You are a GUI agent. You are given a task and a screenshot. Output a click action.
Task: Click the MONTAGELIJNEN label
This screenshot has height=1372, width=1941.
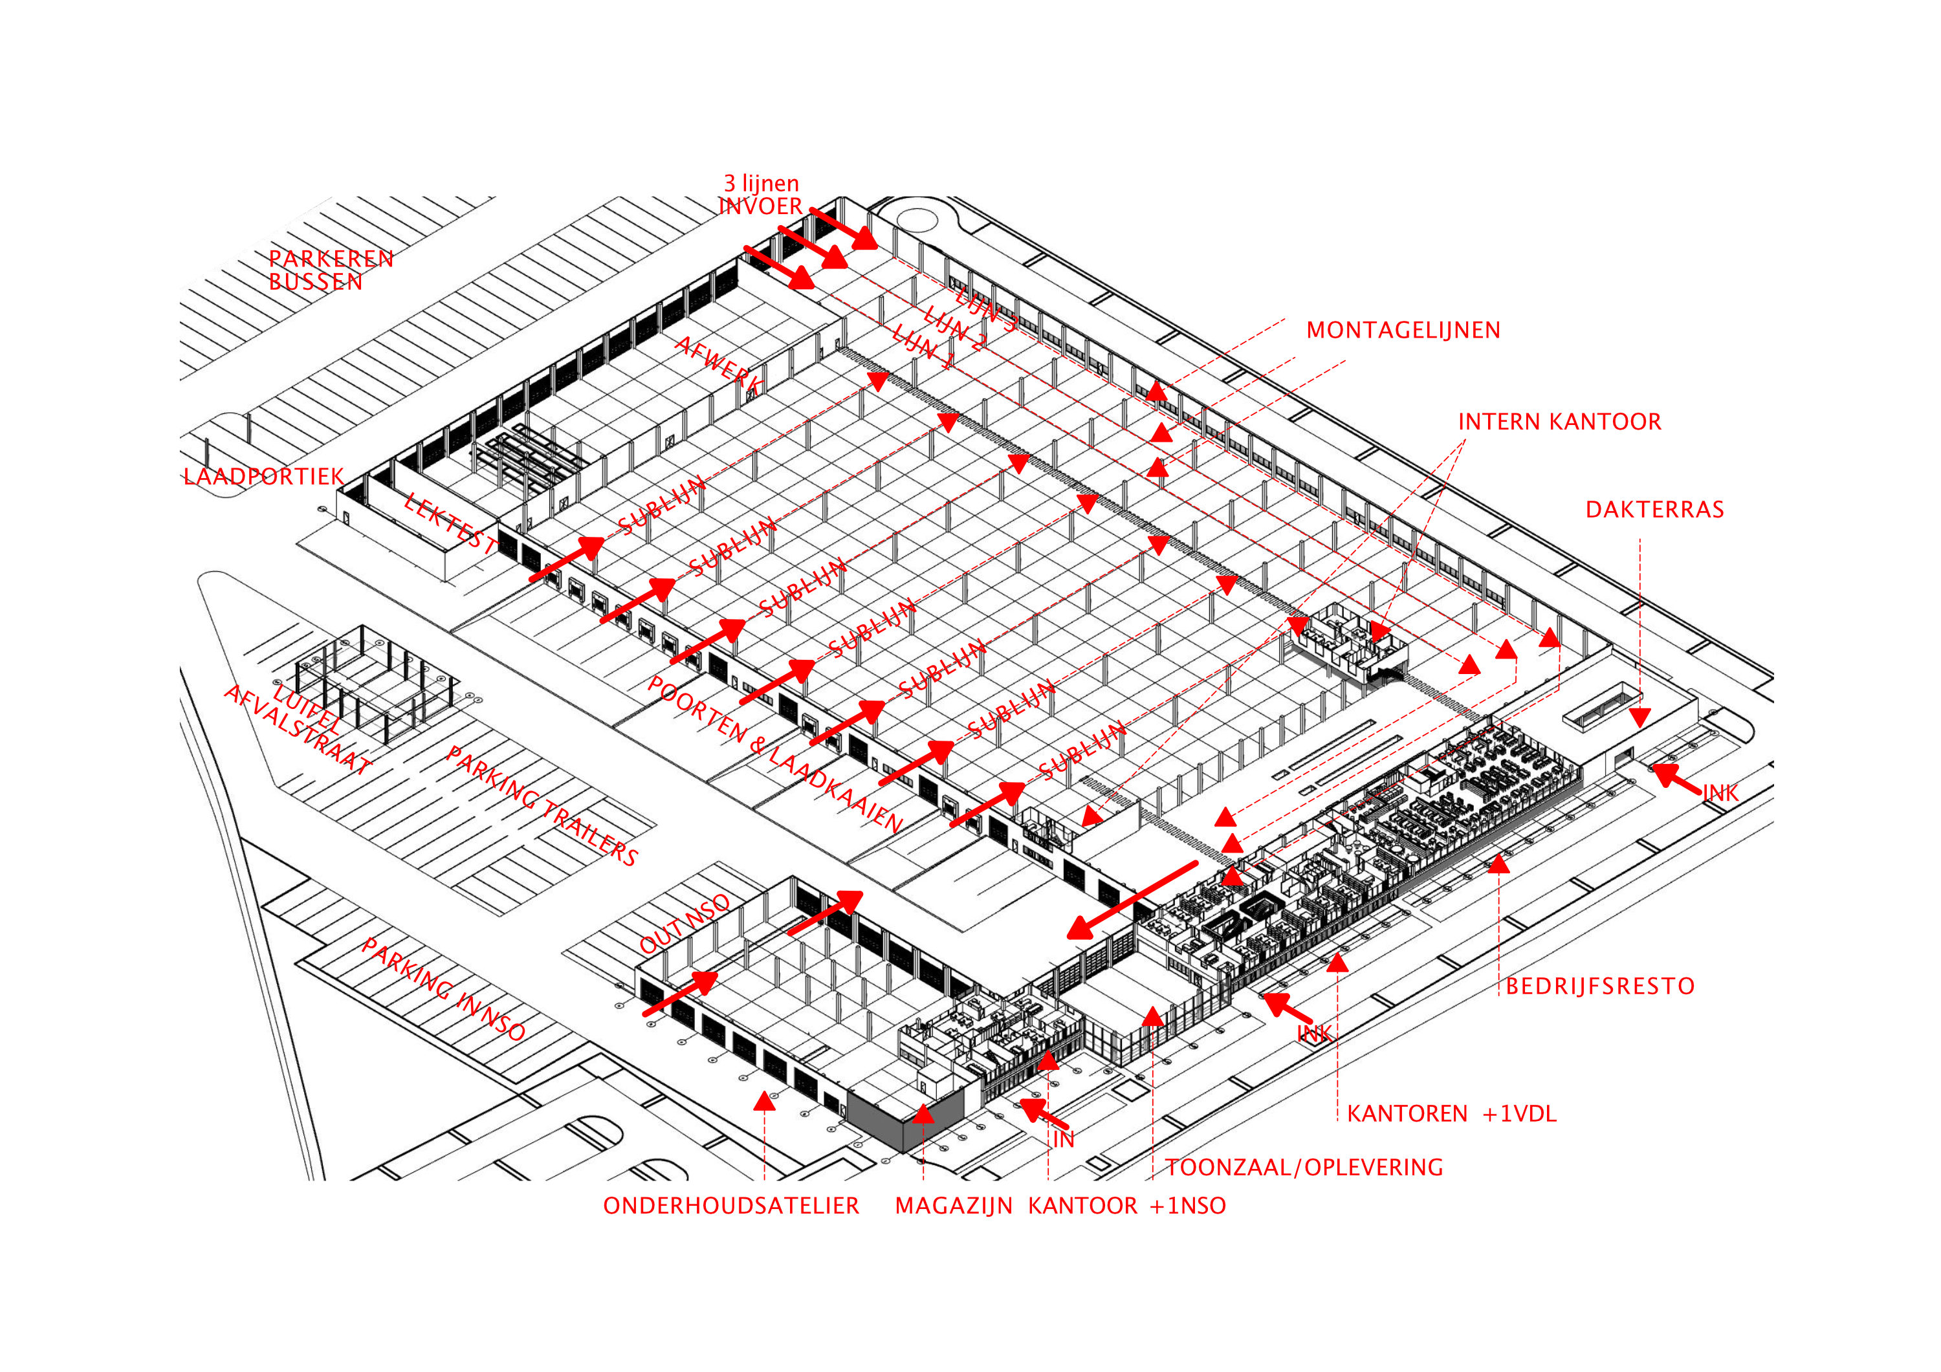(x=1403, y=331)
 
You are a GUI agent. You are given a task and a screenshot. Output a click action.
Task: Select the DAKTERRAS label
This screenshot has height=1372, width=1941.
(x=1654, y=510)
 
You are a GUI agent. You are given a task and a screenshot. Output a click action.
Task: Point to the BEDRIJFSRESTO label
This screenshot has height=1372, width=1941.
(x=1599, y=986)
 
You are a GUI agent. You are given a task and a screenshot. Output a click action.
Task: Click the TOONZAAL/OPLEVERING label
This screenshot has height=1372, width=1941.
(x=1304, y=1168)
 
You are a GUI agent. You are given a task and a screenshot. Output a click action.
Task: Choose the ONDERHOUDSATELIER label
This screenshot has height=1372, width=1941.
(x=730, y=1206)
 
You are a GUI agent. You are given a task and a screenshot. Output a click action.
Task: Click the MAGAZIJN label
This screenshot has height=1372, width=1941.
(x=953, y=1206)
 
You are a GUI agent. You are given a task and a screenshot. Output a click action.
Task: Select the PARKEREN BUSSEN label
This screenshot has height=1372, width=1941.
(x=331, y=270)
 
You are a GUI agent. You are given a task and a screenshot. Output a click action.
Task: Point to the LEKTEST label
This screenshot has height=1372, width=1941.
(x=450, y=523)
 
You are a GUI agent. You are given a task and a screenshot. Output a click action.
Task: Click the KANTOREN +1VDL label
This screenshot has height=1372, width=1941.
(x=1451, y=1114)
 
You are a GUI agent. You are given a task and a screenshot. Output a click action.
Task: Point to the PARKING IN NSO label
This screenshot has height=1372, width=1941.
(x=443, y=989)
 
